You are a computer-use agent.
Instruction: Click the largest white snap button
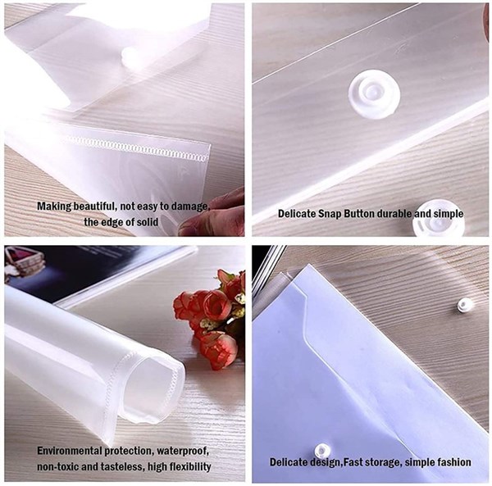coord(374,93)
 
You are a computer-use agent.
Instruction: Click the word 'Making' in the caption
coord(54,207)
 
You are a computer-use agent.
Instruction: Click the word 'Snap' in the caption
coord(330,214)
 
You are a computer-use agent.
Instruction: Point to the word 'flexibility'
coord(190,467)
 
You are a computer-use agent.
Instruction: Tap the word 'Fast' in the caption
coord(353,462)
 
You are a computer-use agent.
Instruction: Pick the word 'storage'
coord(382,462)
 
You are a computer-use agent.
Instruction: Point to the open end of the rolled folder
coord(153,388)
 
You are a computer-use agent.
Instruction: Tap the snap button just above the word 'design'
coord(322,451)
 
